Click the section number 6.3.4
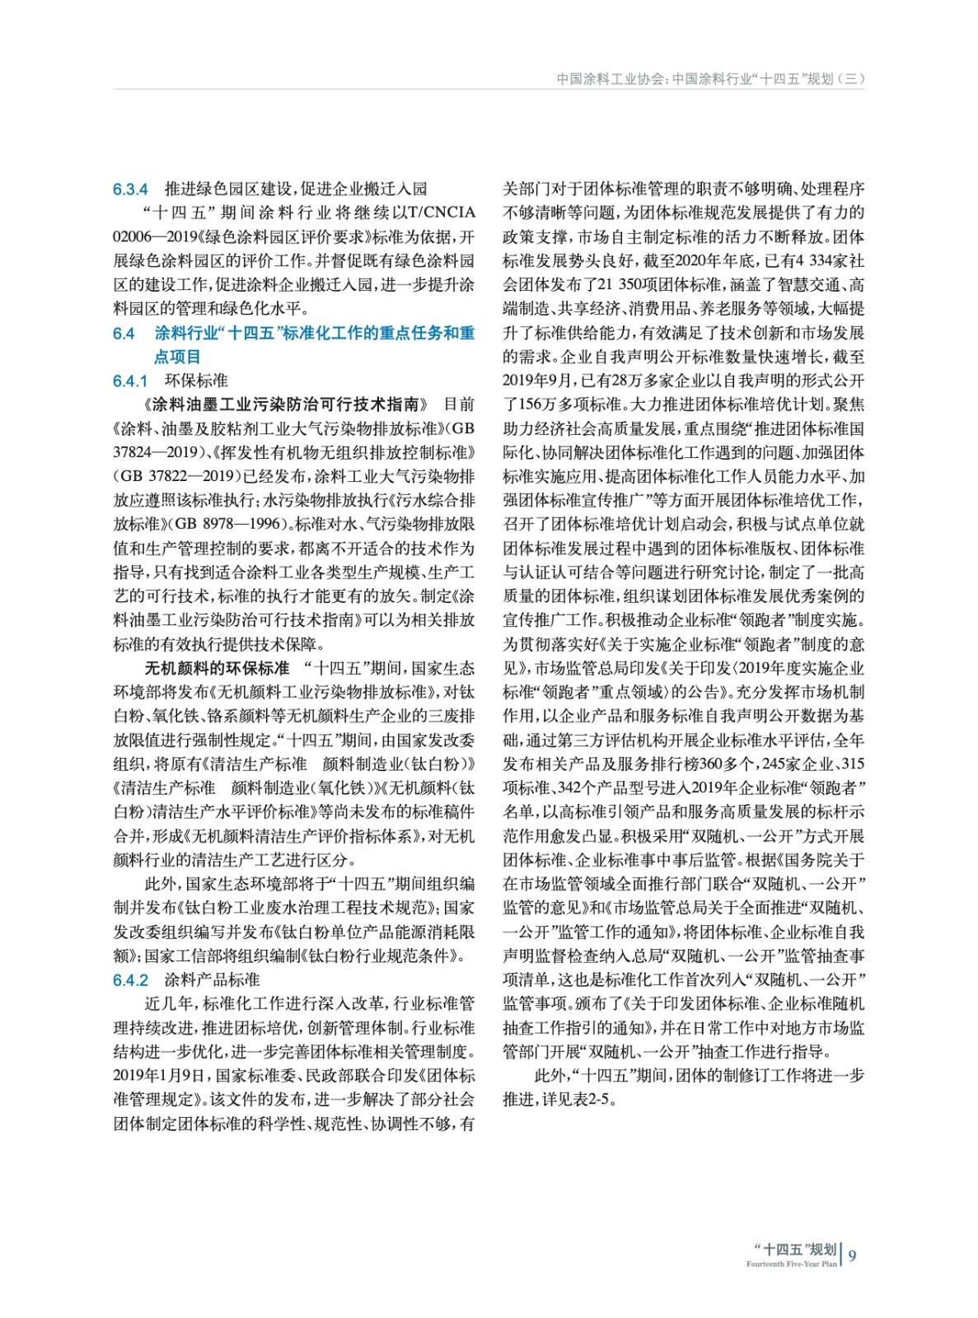pyautogui.click(x=130, y=189)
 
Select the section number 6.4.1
pyautogui.click(x=130, y=381)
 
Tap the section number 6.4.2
pyautogui.click(x=130, y=980)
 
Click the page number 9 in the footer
pyautogui.click(x=852, y=1255)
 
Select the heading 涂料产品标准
pyautogui.click(x=213, y=980)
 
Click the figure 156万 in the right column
pyautogui.click(x=532, y=404)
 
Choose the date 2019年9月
pyautogui.click(x=536, y=381)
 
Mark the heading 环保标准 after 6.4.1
pyautogui.click(x=196, y=381)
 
